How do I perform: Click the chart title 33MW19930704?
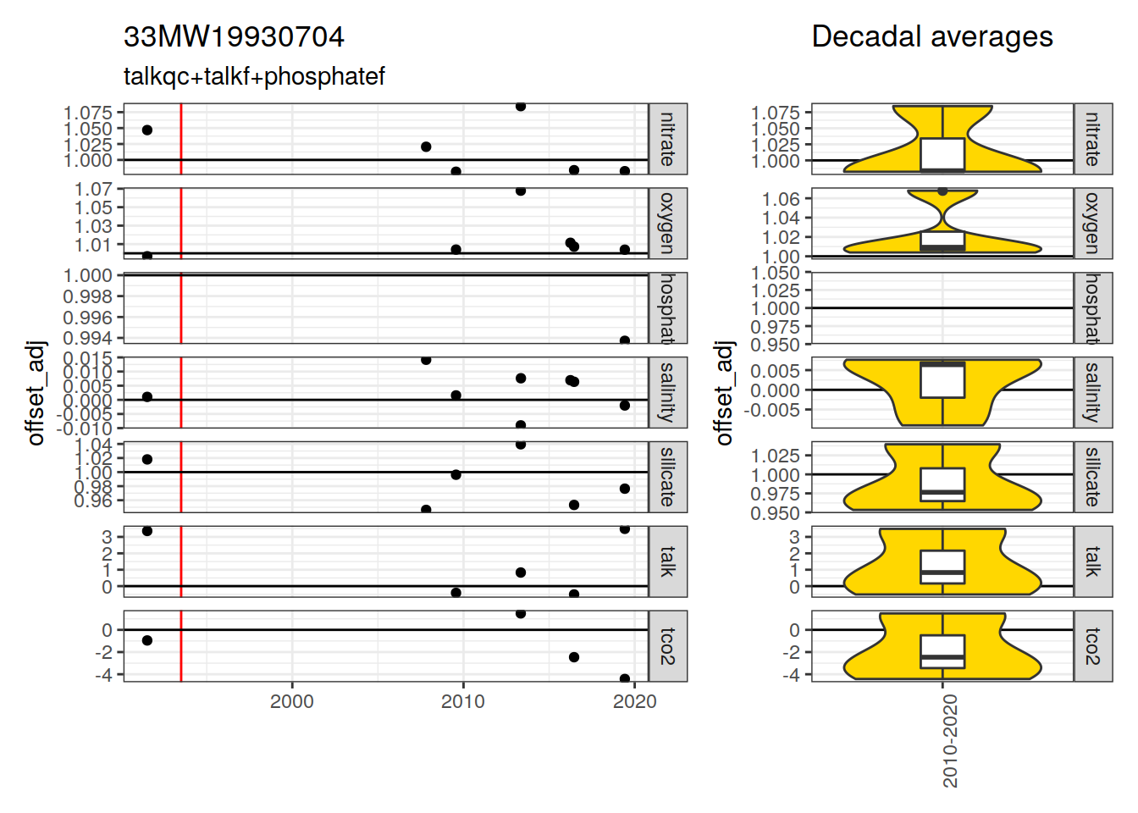pyautogui.click(x=234, y=37)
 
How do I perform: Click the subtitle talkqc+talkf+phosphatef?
pyautogui.click(x=254, y=76)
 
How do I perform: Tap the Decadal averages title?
pyautogui.click(x=931, y=37)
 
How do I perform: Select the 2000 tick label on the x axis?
pyautogui.click(x=292, y=701)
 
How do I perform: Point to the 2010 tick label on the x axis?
pyautogui.click(x=463, y=701)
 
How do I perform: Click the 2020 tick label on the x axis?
pyautogui.click(x=634, y=701)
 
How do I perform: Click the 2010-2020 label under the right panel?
pyautogui.click(x=950, y=740)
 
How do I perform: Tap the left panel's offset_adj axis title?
pyautogui.click(x=36, y=392)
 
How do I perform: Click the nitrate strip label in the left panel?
pyautogui.click(x=668, y=139)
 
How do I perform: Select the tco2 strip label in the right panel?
pyautogui.click(x=1093, y=646)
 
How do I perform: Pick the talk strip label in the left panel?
pyautogui.click(x=668, y=561)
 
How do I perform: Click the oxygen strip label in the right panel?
pyautogui.click(x=1093, y=224)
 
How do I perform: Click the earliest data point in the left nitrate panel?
pyautogui.click(x=147, y=130)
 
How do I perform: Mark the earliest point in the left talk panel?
pyautogui.click(x=147, y=531)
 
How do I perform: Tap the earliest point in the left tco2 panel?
pyautogui.click(x=147, y=640)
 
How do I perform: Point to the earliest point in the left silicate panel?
pyautogui.click(x=147, y=459)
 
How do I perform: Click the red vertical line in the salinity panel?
pyautogui.click(x=181, y=392)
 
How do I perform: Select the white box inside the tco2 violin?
pyautogui.click(x=942, y=651)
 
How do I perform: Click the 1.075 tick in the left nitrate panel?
pyautogui.click(x=87, y=113)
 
